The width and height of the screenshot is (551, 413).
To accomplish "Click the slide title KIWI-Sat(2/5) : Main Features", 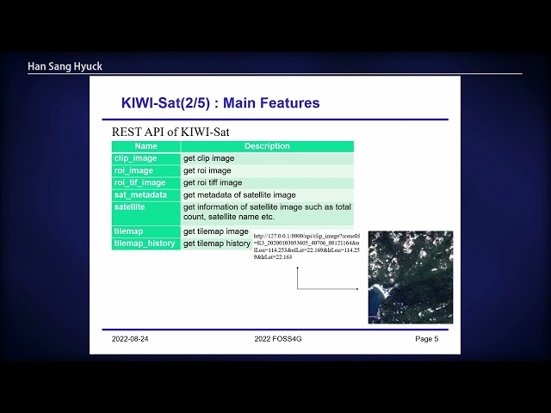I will [220, 103].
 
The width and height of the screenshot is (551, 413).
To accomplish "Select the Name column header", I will [145, 146].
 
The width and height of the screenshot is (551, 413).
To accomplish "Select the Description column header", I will [267, 146].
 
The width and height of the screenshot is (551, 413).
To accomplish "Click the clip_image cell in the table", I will [135, 158].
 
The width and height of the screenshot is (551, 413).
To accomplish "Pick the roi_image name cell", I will [133, 170].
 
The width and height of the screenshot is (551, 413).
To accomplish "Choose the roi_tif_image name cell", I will [139, 182].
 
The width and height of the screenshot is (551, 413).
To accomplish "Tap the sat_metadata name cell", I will [140, 194].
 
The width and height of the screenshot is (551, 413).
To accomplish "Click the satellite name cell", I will [130, 207].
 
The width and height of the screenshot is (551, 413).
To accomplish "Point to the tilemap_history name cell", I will [145, 243].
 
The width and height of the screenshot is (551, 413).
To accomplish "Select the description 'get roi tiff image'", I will [213, 182].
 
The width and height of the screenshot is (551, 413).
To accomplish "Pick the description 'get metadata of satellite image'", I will [239, 194].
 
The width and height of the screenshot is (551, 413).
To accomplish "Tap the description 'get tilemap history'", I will [216, 243].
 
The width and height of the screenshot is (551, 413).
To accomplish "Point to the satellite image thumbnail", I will [410, 277].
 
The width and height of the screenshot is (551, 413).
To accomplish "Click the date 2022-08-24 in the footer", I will [135, 339].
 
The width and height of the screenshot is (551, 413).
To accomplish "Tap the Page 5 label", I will [426, 339].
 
